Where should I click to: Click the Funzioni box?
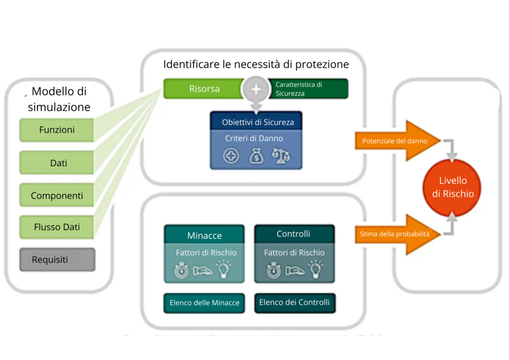click(x=57, y=130)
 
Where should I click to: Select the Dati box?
click(x=57, y=163)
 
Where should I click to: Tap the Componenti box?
click(x=57, y=196)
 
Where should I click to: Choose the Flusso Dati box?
click(x=57, y=227)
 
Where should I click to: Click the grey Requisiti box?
click(x=57, y=260)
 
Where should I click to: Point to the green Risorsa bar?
click(x=204, y=89)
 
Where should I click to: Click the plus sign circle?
click(x=256, y=89)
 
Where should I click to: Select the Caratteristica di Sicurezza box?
click(x=308, y=89)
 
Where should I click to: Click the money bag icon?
click(x=256, y=156)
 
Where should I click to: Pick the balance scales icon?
click(x=281, y=156)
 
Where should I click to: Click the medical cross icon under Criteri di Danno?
click(x=231, y=156)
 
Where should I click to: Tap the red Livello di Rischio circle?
click(x=452, y=187)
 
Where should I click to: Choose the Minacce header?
click(x=204, y=235)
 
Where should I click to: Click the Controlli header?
click(x=293, y=234)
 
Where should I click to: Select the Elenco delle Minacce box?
click(x=204, y=302)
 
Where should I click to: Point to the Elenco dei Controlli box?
click(x=294, y=302)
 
